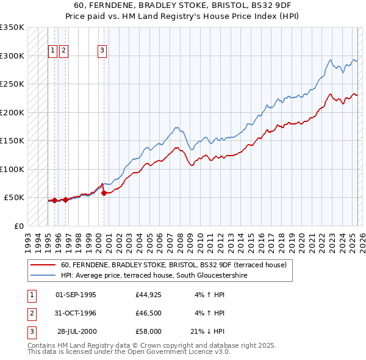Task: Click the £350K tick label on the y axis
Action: tap(12, 27)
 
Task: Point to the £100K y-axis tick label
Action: tap(12, 169)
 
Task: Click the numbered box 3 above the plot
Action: tap(102, 51)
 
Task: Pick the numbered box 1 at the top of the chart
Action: tap(52, 51)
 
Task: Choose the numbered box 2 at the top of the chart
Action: tap(64, 51)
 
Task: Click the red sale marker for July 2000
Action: tap(104, 193)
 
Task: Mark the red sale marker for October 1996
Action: tap(66, 200)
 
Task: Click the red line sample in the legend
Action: tap(43, 265)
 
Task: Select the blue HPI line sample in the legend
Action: tap(43, 275)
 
